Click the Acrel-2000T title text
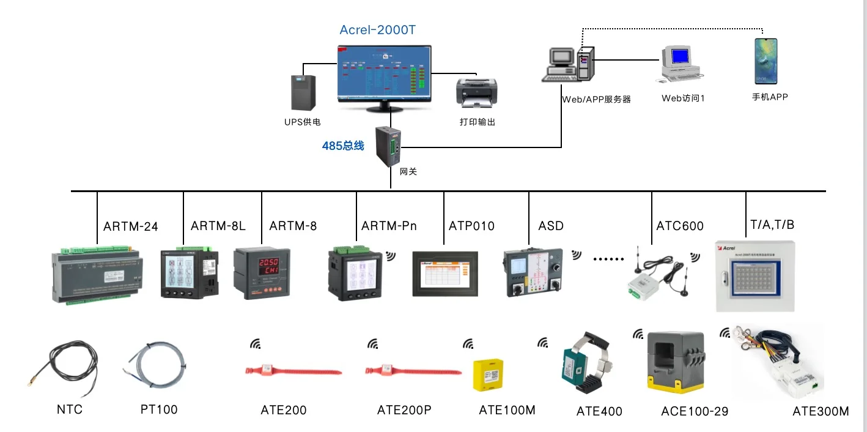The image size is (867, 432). coord(377,30)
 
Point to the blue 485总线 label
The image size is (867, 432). coord(343,146)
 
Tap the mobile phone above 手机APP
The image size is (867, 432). coord(766,61)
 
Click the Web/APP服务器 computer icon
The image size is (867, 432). coord(569,64)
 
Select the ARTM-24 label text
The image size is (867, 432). coord(130,227)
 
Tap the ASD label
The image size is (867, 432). coord(551,226)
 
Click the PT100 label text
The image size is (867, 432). coord(158,409)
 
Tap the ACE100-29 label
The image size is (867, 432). coord(695,411)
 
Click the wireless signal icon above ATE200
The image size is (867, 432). coord(256,344)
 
